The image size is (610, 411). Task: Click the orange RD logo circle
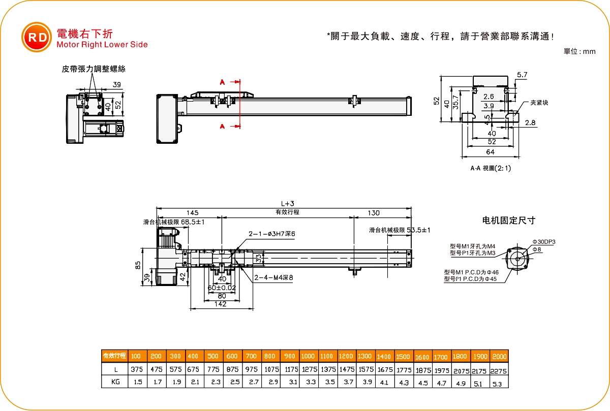pyautogui.click(x=37, y=38)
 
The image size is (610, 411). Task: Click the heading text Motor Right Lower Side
pyautogui.click(x=102, y=45)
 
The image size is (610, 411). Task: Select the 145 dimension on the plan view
pyautogui.click(x=192, y=213)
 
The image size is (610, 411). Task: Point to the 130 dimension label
pyautogui.click(x=373, y=213)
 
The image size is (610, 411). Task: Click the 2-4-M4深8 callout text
pyautogui.click(x=273, y=277)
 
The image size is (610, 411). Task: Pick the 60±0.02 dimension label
pyautogui.click(x=222, y=288)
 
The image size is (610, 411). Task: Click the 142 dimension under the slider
pyautogui.click(x=220, y=304)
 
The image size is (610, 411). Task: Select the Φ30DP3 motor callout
pyautogui.click(x=543, y=242)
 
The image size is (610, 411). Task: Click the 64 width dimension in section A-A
pyautogui.click(x=491, y=152)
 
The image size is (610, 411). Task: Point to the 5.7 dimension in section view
pyautogui.click(x=522, y=75)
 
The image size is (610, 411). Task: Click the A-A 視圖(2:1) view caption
pyautogui.click(x=491, y=168)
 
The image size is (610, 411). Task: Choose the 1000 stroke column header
pyautogui.click(x=308, y=356)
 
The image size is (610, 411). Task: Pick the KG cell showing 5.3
pyautogui.click(x=499, y=384)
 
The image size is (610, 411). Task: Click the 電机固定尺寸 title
pyautogui.click(x=508, y=220)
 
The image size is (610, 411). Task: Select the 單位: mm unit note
pyautogui.click(x=579, y=51)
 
